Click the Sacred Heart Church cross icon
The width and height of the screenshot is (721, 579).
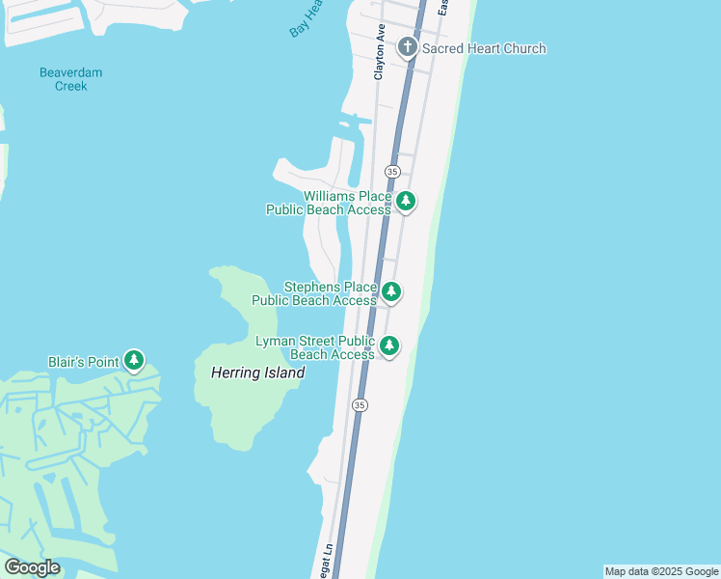point(407,47)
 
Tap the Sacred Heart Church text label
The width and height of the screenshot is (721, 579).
point(484,48)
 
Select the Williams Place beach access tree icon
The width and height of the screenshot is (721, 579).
point(407,201)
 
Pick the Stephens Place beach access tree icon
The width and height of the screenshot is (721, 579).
point(390,291)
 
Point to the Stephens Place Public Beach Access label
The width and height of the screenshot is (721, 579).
point(314,293)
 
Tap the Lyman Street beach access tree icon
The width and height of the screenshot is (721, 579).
point(389,345)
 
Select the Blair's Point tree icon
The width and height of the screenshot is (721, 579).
point(134,362)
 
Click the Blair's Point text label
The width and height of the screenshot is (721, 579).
point(83,363)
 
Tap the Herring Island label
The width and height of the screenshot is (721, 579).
point(257,372)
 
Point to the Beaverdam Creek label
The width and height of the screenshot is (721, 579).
point(70,79)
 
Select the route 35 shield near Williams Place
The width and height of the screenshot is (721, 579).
point(391,171)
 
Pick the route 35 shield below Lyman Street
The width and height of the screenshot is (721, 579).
point(360,405)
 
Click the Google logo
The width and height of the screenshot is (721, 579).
point(33,567)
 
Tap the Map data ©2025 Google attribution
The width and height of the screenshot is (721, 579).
point(662,571)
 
